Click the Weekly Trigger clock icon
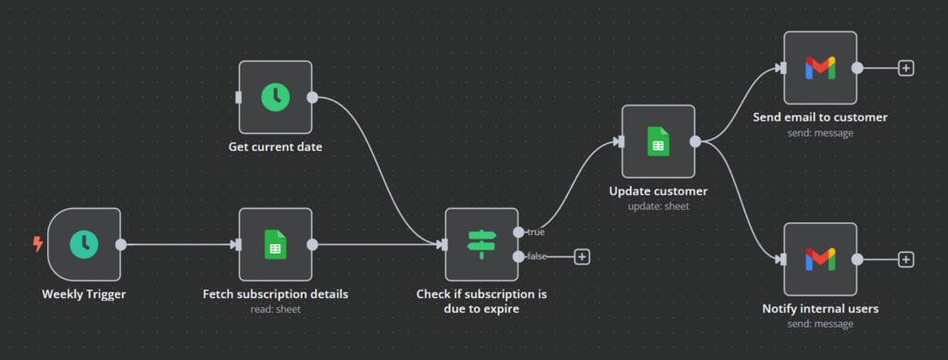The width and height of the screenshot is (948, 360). (83, 244)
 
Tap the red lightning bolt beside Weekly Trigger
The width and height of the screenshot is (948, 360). (38, 244)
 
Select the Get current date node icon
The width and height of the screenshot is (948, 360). (275, 96)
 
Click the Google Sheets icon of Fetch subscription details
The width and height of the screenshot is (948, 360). (275, 244)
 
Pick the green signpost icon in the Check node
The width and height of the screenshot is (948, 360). (481, 244)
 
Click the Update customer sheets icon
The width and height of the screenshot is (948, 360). (657, 141)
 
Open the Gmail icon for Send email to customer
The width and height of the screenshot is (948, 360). (820, 68)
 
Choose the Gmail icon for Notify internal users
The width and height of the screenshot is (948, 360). (820, 259)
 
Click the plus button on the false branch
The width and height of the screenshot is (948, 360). (581, 256)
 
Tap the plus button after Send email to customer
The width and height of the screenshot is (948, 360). (906, 68)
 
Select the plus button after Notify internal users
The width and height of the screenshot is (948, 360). (906, 259)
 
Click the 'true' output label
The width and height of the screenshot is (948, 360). (535, 232)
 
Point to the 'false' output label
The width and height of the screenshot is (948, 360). (536, 256)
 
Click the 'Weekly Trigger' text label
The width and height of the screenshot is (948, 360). (83, 294)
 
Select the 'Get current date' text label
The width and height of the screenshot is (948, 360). (275, 146)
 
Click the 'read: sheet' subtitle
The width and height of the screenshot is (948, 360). (275, 309)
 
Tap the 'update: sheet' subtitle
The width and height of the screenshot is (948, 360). (657, 205)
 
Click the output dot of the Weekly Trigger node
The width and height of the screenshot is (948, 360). (120, 244)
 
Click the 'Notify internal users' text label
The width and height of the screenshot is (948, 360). (820, 308)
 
